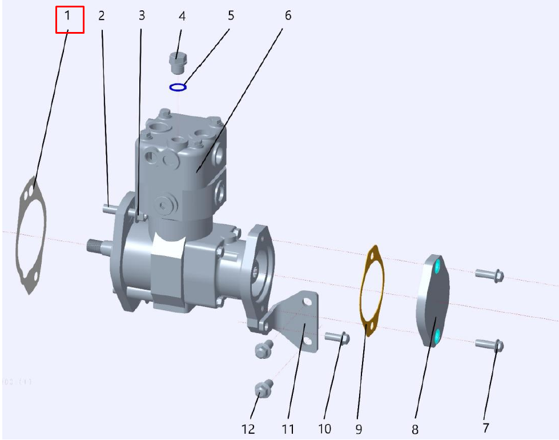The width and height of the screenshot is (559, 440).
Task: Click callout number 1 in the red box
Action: [x=67, y=15]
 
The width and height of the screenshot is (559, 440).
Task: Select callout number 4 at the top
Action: [x=182, y=17]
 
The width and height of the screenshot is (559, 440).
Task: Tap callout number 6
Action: [x=288, y=15]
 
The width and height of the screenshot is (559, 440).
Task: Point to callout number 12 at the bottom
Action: [x=248, y=429]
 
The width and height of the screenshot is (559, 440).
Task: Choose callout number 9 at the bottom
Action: [x=359, y=429]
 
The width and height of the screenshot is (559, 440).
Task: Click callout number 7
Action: [x=485, y=427]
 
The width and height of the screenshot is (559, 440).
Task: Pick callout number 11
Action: [x=288, y=429]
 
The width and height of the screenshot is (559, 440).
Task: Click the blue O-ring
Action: [x=178, y=87]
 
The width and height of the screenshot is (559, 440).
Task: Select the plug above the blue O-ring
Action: [x=178, y=62]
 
